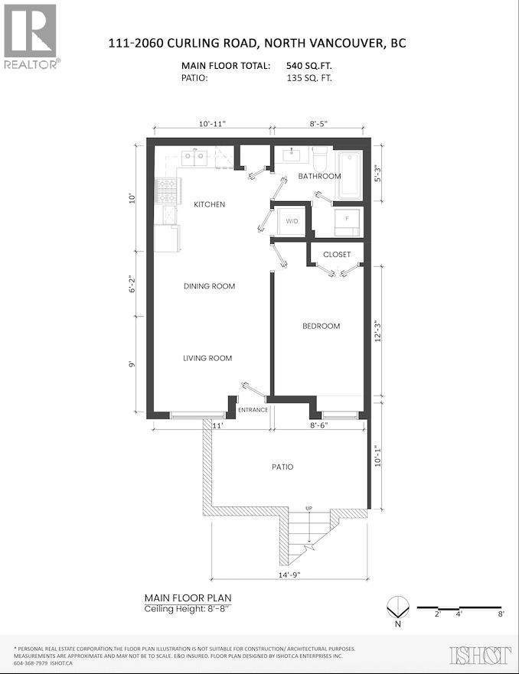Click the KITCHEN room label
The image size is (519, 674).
coord(209,204)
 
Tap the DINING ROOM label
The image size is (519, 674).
coord(209,286)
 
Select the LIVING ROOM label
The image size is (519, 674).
coord(207,358)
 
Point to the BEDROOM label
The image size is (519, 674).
coord(321,326)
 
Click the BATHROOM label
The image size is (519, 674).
coord(319,176)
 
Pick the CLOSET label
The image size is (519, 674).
coord(337,254)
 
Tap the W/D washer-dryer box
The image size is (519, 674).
coord(292,221)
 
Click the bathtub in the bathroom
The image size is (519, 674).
coord(350,174)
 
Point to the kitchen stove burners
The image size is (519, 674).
coord(165,191)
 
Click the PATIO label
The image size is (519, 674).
coord(282,467)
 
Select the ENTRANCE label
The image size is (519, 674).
coord(253,410)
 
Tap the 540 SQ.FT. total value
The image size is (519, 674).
coord(308,66)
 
